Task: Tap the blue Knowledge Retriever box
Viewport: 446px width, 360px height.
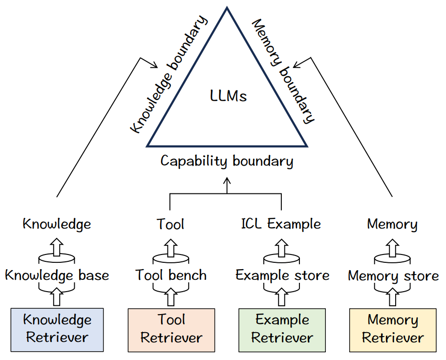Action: (x=57, y=329)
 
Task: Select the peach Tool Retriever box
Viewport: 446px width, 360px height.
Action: (x=171, y=329)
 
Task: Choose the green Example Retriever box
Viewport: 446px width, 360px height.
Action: (x=282, y=329)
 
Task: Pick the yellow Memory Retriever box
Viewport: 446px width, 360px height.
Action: (x=393, y=329)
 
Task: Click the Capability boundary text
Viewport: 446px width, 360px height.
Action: (x=227, y=161)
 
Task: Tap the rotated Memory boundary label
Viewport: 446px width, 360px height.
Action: (x=283, y=71)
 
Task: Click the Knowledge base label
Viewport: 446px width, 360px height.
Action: (x=57, y=275)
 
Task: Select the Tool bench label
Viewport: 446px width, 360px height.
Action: (x=171, y=275)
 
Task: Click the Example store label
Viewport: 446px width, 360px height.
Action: (x=282, y=275)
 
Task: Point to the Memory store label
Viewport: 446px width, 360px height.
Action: (x=393, y=276)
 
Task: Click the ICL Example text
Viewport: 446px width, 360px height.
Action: (x=281, y=224)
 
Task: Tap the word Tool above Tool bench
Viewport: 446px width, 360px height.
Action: (x=170, y=224)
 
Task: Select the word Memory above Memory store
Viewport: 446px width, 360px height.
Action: (x=392, y=225)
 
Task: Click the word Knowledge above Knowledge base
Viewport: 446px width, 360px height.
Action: (x=57, y=224)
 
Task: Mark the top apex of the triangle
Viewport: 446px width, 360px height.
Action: (x=227, y=8)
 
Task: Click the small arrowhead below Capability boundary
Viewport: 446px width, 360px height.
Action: (x=227, y=181)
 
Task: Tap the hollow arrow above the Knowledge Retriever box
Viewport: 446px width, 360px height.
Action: (x=57, y=296)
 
